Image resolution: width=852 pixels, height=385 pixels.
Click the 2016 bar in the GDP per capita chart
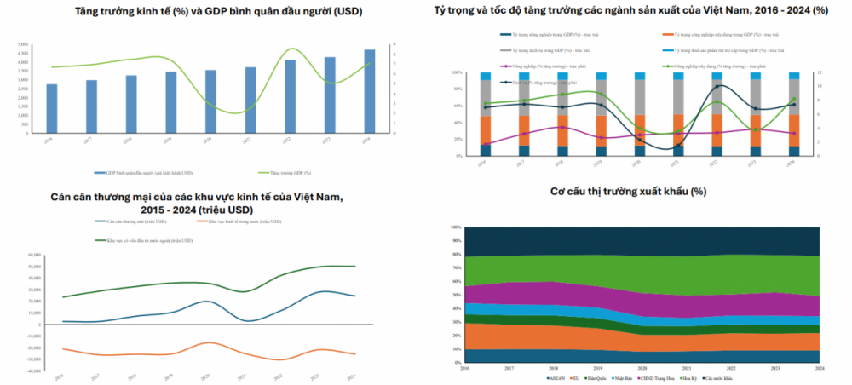(x=52, y=109)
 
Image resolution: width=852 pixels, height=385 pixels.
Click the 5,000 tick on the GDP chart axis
(x=23, y=43)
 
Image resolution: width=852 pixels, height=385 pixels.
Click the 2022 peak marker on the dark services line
(x=717, y=86)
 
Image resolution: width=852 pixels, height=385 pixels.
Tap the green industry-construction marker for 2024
(x=793, y=99)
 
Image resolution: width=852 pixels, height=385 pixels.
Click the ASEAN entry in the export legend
(x=557, y=376)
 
